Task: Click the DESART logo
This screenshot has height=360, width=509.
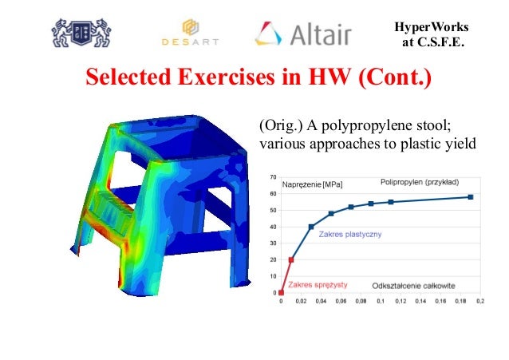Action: tap(189, 33)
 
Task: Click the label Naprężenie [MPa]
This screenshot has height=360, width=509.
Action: tap(314, 184)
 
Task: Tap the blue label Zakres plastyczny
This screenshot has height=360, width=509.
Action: tap(351, 235)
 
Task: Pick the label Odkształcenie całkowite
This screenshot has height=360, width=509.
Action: tap(412, 285)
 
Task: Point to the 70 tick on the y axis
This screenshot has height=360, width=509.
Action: tap(274, 177)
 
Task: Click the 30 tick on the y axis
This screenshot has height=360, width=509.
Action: tap(274, 243)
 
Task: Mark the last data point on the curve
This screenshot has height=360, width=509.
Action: tap(471, 196)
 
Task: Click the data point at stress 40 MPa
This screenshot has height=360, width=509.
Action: tap(311, 227)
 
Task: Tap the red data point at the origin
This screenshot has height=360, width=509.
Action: tap(281, 293)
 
